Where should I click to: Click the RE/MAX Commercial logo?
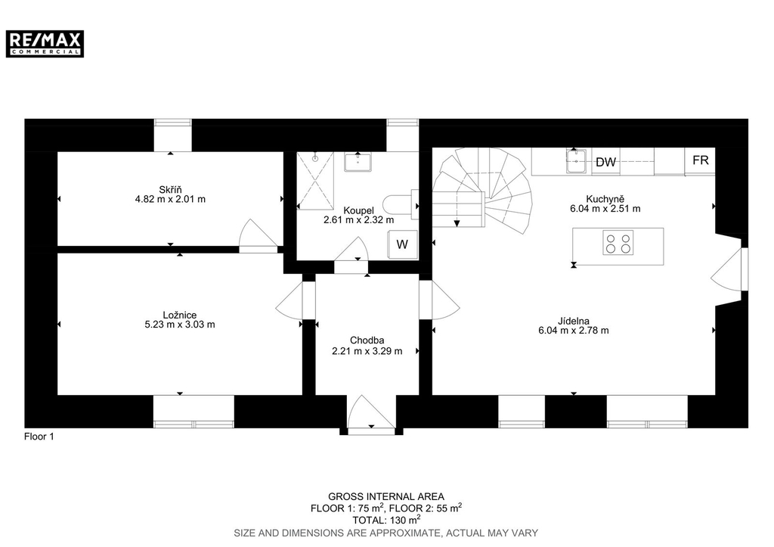pyautogui.click(x=45, y=43)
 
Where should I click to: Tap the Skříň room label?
pyautogui.click(x=170, y=190)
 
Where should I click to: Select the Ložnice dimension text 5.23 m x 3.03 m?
pyautogui.click(x=180, y=325)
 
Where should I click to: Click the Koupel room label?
pyautogui.click(x=358, y=210)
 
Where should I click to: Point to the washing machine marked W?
pyautogui.click(x=402, y=244)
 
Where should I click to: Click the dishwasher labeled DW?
pyautogui.click(x=605, y=162)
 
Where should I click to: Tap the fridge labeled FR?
pyautogui.click(x=700, y=160)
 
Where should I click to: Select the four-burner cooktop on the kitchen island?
pyautogui.click(x=618, y=243)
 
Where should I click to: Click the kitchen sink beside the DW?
pyautogui.click(x=576, y=161)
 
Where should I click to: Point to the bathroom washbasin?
pyautogui.click(x=358, y=162)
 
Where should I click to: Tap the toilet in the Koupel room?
pyautogui.click(x=401, y=204)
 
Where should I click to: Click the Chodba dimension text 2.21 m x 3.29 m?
pyautogui.click(x=367, y=351)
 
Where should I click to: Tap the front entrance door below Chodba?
pyautogui.click(x=371, y=414)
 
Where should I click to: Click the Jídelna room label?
pyautogui.click(x=574, y=322)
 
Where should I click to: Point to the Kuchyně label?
pyautogui.click(x=605, y=199)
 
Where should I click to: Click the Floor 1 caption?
pyautogui.click(x=39, y=437)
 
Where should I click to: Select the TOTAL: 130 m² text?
pyautogui.click(x=386, y=520)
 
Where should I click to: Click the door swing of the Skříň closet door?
pyautogui.click(x=258, y=236)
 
